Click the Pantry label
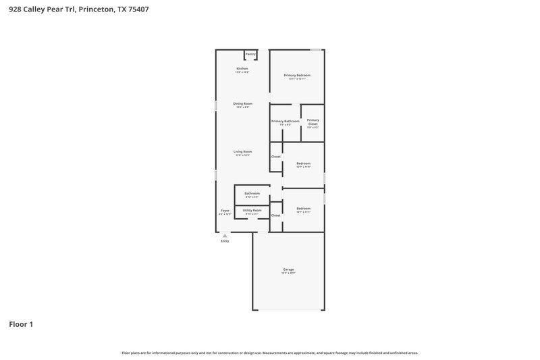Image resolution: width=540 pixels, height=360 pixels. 250,54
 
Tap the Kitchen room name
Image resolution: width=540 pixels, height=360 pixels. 242,68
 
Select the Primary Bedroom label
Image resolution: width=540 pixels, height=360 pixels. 297,75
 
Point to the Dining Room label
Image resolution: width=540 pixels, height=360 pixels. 242,103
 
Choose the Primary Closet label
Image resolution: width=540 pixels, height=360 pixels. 313,122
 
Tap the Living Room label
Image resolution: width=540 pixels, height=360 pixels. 242,151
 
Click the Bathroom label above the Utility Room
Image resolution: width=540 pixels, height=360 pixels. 252,193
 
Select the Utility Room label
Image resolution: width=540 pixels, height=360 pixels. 252,210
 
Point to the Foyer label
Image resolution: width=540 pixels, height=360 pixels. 225,211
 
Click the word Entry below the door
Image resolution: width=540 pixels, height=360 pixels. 225,241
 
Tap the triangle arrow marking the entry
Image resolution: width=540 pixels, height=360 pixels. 225,236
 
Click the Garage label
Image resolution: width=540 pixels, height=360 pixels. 288,269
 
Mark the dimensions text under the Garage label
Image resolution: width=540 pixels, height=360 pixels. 288,274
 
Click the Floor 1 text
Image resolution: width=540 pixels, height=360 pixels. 21,324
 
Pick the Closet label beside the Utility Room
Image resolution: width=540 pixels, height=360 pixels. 275,215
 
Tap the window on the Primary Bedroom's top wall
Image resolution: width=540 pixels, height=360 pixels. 316,49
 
